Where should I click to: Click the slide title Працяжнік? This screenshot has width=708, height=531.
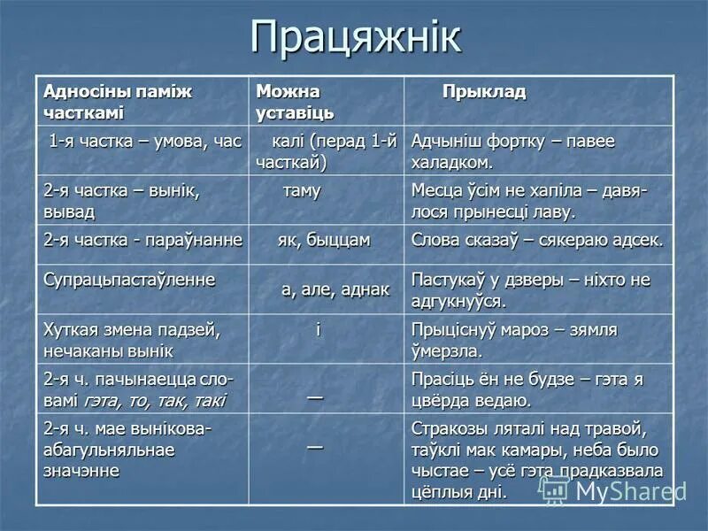coord(355,38)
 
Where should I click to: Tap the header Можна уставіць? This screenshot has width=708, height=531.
coord(295,102)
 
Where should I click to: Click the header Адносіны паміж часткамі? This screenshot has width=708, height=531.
coord(118,102)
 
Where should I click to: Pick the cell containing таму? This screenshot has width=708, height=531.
coord(302,191)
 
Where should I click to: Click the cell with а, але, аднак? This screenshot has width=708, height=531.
coord(335,289)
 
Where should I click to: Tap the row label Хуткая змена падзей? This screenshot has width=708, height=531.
coord(131,330)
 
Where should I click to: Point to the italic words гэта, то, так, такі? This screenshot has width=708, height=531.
coord(155,400)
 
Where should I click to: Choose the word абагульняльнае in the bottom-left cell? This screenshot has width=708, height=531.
coord(109,450)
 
